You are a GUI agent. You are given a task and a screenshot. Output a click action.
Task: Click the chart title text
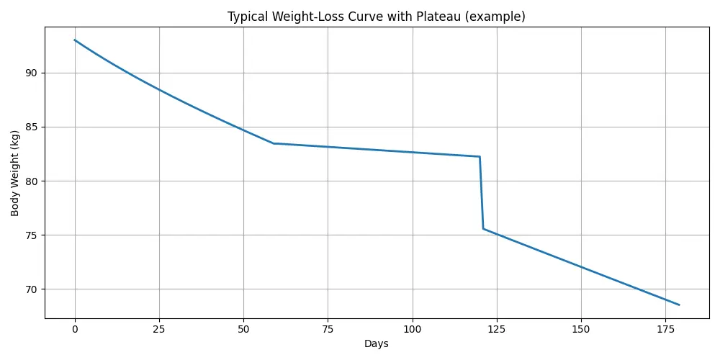(x=376, y=17)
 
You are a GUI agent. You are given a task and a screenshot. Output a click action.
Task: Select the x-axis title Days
(x=376, y=344)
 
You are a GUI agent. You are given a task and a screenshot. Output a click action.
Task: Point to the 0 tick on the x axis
(x=74, y=329)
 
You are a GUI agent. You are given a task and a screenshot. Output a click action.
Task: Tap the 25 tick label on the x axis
(x=158, y=329)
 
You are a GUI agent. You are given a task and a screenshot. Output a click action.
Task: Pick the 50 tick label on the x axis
(x=243, y=329)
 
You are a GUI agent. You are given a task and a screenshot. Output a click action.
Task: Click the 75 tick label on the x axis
(x=328, y=329)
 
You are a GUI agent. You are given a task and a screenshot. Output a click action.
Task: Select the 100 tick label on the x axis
(x=412, y=329)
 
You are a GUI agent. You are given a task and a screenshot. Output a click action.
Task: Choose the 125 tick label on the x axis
(x=497, y=329)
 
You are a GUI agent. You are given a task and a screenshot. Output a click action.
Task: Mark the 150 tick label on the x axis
(x=581, y=329)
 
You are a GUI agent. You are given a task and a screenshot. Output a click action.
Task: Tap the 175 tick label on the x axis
(x=665, y=329)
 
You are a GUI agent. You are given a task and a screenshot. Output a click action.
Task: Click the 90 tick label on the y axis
(x=31, y=73)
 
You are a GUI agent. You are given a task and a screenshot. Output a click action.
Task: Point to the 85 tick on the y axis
(x=31, y=127)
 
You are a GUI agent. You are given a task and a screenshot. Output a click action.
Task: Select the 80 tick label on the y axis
(x=31, y=181)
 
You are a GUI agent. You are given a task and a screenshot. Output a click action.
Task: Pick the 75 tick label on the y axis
(x=31, y=235)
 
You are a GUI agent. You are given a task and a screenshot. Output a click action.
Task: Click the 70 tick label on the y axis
(x=31, y=289)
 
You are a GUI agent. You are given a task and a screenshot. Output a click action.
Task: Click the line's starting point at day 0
(x=74, y=40)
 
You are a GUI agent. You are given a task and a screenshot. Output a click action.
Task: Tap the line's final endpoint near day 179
(x=679, y=305)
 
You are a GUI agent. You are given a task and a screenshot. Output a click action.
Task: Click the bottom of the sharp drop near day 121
(x=483, y=229)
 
